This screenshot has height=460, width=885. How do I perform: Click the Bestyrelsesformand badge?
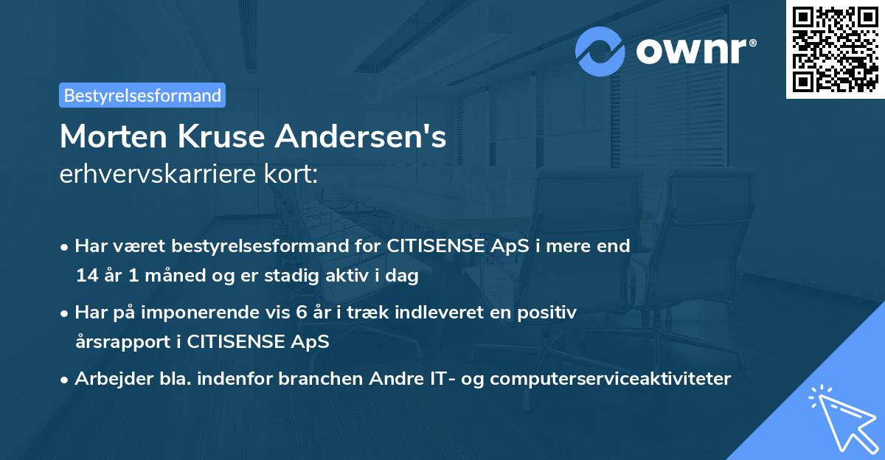tap(142, 95)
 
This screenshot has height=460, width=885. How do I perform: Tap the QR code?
tap(836, 49)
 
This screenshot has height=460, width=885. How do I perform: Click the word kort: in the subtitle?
tap(292, 174)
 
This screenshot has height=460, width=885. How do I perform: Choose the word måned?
tap(158, 276)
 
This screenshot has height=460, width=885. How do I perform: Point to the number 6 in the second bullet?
tap(301, 312)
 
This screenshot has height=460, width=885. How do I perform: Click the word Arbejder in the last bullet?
tap(108, 378)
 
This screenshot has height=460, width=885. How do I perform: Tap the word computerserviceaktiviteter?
tap(610, 378)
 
